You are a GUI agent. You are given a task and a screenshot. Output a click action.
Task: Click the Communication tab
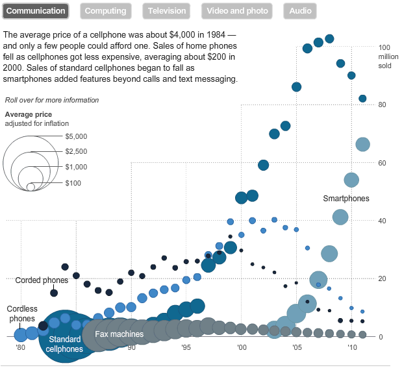36,11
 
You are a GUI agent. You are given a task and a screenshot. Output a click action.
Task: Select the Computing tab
105,11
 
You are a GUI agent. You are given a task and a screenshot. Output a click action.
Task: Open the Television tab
166,11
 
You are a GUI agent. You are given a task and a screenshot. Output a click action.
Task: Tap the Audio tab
300,11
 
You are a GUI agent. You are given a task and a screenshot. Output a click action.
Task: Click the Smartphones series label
345,199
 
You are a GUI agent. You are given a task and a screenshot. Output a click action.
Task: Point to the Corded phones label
42,280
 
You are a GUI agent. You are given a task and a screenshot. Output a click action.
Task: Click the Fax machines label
119,334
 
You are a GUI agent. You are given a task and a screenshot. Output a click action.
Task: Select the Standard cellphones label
64,344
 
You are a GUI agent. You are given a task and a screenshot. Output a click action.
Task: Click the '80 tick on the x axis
21,347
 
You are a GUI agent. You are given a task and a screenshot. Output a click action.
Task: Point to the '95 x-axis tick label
186,347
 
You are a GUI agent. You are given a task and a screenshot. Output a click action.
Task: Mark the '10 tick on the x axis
351,347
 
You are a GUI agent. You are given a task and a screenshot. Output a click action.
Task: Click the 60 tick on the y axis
383,163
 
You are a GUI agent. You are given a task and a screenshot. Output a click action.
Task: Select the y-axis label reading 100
384,47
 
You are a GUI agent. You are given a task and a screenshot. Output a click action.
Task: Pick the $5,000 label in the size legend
76,137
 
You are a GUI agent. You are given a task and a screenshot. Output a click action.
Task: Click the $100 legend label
73,183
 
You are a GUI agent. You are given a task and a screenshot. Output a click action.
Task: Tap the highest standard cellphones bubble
329,39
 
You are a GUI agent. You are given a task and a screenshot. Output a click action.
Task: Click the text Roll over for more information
52,100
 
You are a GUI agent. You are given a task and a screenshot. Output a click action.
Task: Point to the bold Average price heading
28,114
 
